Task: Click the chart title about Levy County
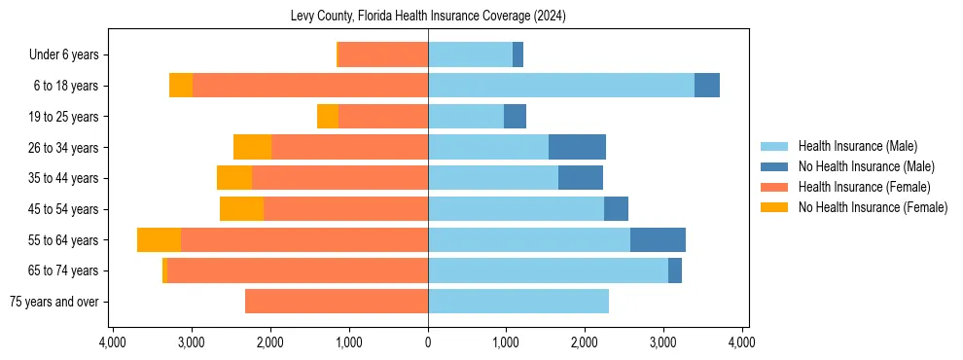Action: click(x=428, y=17)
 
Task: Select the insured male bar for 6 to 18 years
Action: click(x=561, y=86)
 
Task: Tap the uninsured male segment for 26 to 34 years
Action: click(x=577, y=147)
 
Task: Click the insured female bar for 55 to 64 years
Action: click(x=304, y=239)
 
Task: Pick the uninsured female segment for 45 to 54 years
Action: click(x=241, y=209)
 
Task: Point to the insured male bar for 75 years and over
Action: click(x=518, y=302)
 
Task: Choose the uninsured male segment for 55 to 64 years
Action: click(x=658, y=239)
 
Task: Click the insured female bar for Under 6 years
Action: click(x=383, y=54)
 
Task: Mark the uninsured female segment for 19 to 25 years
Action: click(x=328, y=117)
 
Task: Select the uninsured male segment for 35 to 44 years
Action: click(x=581, y=178)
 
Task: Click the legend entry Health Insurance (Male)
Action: click(x=857, y=146)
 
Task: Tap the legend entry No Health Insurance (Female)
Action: click(x=873, y=207)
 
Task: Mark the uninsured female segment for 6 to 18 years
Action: click(x=181, y=86)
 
